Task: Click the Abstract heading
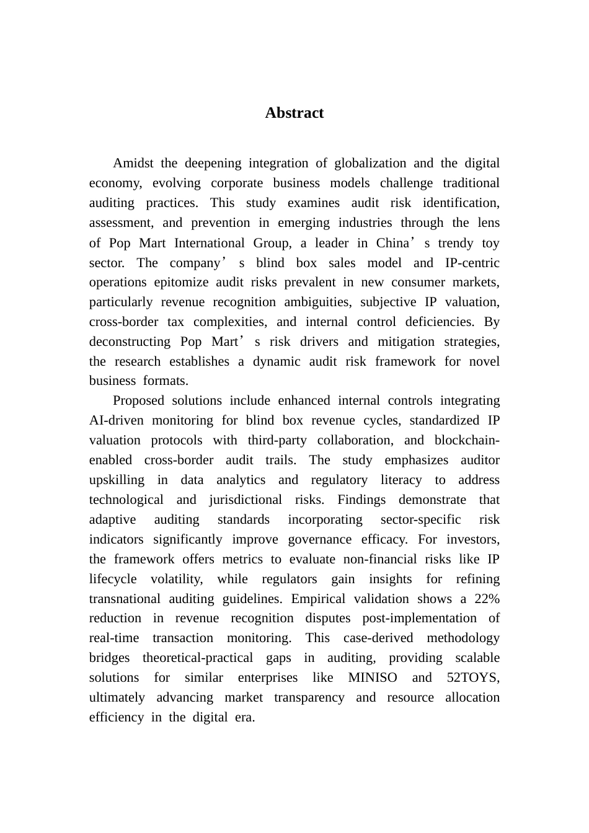pyautogui.click(x=294, y=113)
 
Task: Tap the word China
pyautogui.click(x=392, y=243)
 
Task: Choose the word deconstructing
pyautogui.click(x=130, y=342)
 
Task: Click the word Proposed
pyautogui.click(x=136, y=401)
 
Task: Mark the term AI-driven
pyautogui.click(x=116, y=421)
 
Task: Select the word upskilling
pyautogui.click(x=117, y=480)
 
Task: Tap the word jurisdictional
pyautogui.click(x=246, y=500)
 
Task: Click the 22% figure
pyautogui.click(x=487, y=599)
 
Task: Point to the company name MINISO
pyautogui.click(x=373, y=678)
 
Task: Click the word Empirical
pyautogui.click(x=319, y=599)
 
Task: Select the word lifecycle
pyautogui.click(x=113, y=580)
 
